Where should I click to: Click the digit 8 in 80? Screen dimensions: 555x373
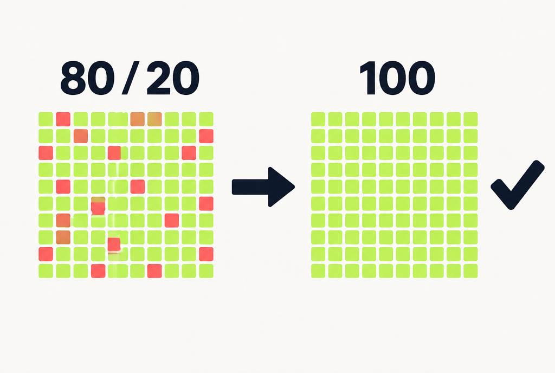click(73, 78)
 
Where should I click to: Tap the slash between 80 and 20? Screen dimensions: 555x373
click(130, 78)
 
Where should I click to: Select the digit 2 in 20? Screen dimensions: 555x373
click(159, 78)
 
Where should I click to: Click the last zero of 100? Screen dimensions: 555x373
click(421, 78)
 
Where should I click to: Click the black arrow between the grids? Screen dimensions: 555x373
click(263, 187)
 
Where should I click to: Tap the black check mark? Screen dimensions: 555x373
click(518, 185)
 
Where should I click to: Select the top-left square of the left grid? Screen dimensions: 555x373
click(46, 119)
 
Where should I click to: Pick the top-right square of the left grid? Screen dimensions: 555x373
click(206, 119)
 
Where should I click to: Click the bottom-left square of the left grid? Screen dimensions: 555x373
click(46, 271)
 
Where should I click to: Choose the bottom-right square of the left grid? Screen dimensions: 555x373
click(206, 271)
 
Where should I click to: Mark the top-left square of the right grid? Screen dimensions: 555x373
click(318, 119)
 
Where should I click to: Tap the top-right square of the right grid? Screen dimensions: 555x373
click(470, 119)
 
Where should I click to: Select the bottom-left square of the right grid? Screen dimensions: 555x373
click(318, 271)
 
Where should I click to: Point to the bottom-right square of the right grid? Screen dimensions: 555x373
click(470, 271)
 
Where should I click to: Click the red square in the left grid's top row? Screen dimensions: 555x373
click(63, 119)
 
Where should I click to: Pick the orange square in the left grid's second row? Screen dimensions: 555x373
click(81, 136)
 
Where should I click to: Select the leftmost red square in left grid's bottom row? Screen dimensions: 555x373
click(98, 271)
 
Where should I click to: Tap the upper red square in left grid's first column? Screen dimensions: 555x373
click(46, 153)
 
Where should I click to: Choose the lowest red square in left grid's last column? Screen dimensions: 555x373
click(206, 254)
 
